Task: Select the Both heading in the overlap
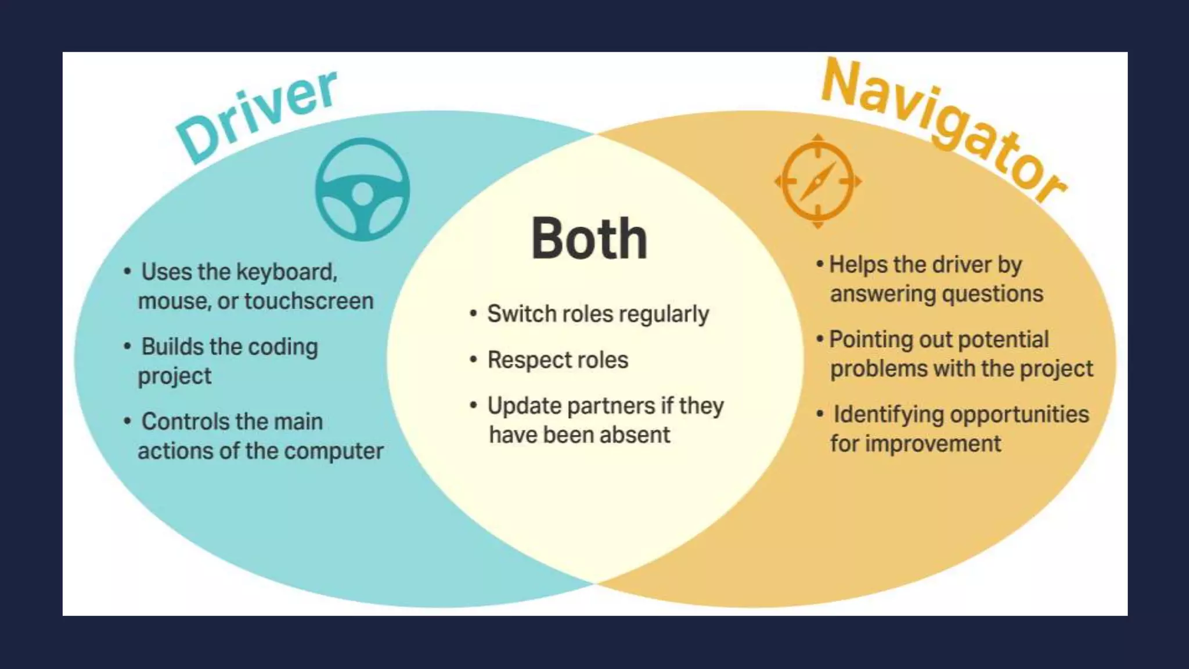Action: pyautogui.click(x=589, y=239)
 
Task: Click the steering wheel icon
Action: pyautogui.click(x=362, y=189)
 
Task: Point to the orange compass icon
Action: pyautogui.click(x=818, y=181)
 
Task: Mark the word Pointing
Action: pyautogui.click(x=869, y=340)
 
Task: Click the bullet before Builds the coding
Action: pyautogui.click(x=127, y=347)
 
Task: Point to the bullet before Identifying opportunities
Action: pyautogui.click(x=820, y=415)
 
